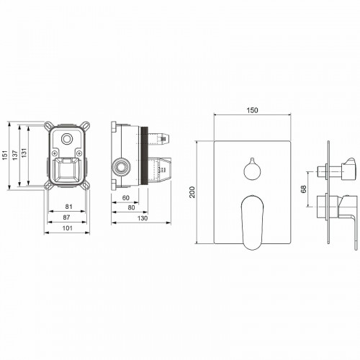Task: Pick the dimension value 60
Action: click(x=125, y=197)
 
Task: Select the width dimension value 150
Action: click(x=253, y=110)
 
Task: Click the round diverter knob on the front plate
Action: click(x=253, y=170)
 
